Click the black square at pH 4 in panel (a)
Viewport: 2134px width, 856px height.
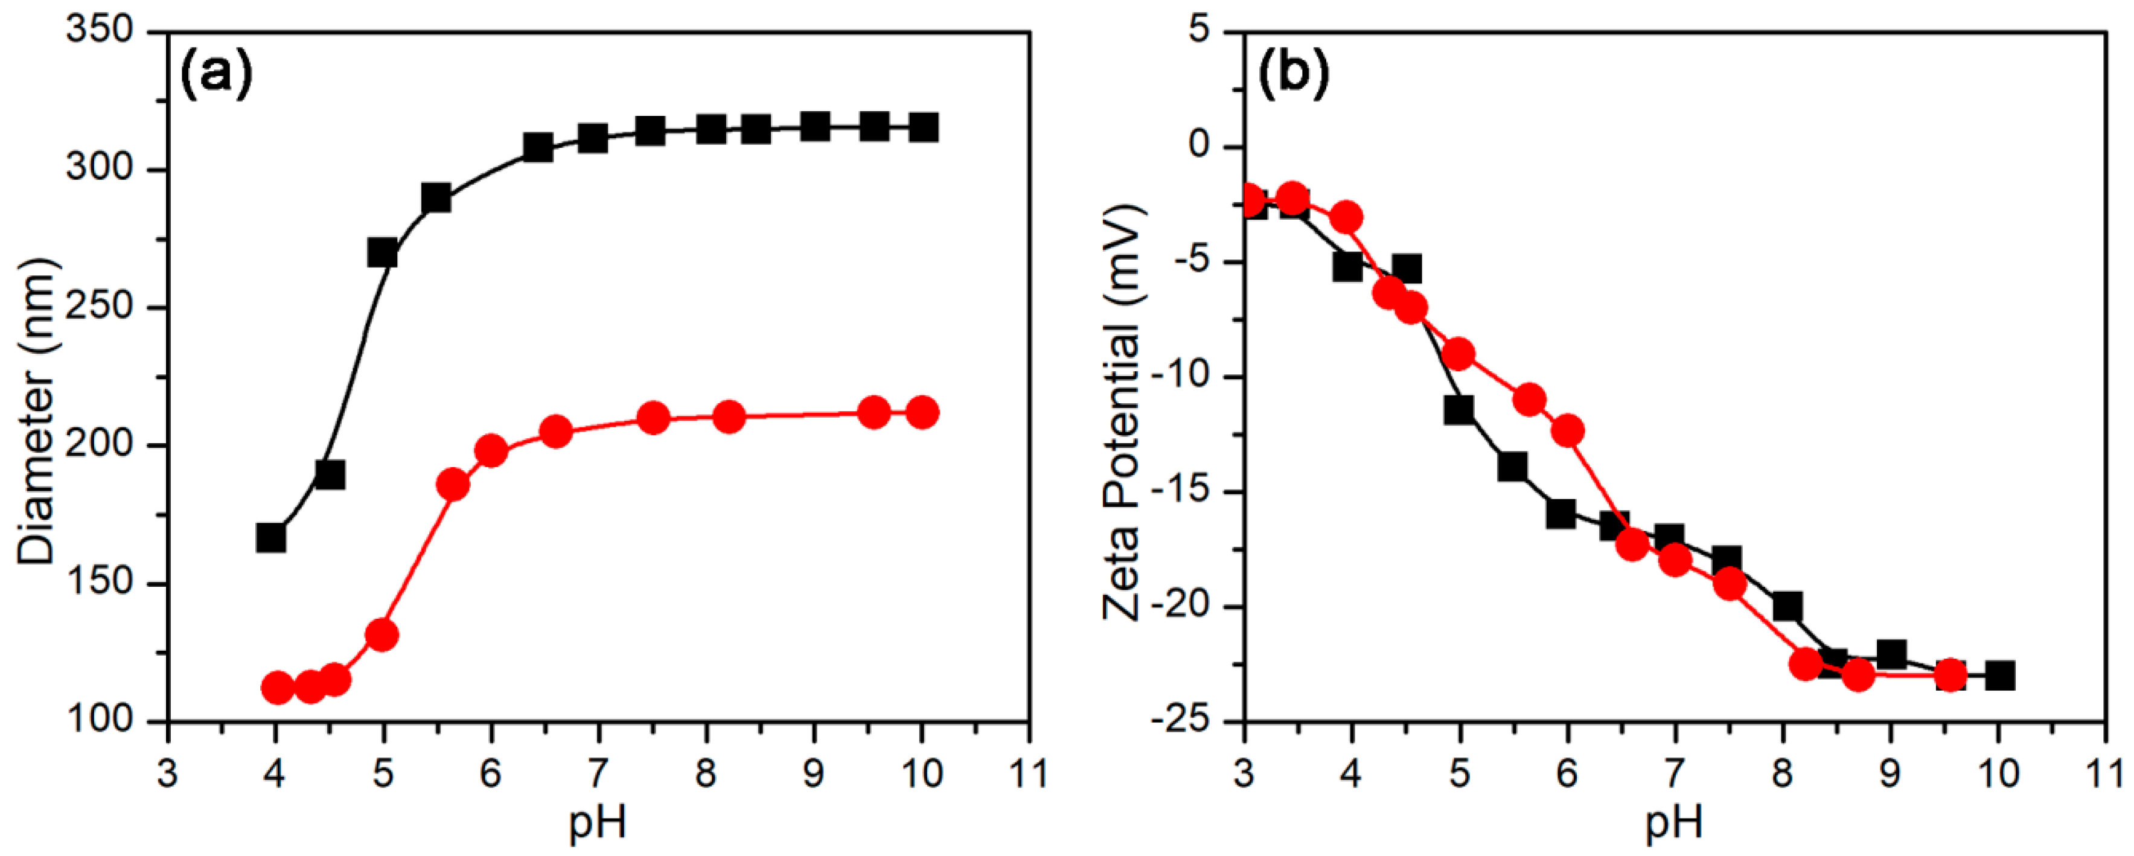(271, 538)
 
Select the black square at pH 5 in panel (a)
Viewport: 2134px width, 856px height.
(382, 253)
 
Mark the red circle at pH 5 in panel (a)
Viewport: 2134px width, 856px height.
(382, 636)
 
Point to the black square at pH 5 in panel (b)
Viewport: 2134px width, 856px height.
(1459, 409)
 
